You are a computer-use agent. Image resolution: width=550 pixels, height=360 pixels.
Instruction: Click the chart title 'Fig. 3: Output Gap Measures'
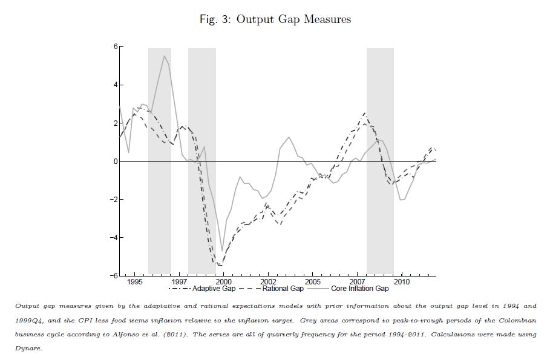point(275,19)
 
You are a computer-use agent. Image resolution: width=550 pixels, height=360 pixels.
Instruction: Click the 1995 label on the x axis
point(134,282)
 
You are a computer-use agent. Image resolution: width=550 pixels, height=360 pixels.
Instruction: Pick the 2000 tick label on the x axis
point(224,282)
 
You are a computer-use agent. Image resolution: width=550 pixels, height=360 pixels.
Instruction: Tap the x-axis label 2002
point(268,282)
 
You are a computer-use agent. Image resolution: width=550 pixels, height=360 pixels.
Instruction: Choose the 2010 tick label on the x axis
point(402,282)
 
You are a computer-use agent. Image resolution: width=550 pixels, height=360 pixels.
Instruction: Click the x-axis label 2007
point(358,282)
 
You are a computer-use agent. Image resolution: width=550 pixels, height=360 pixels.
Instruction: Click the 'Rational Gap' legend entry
point(283,289)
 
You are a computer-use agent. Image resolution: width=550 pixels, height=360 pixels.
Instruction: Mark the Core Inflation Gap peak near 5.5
point(164,56)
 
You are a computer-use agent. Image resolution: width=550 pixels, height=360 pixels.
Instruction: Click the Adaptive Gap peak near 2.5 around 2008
point(365,113)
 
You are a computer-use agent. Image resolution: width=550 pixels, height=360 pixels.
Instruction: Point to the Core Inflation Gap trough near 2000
point(222,250)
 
